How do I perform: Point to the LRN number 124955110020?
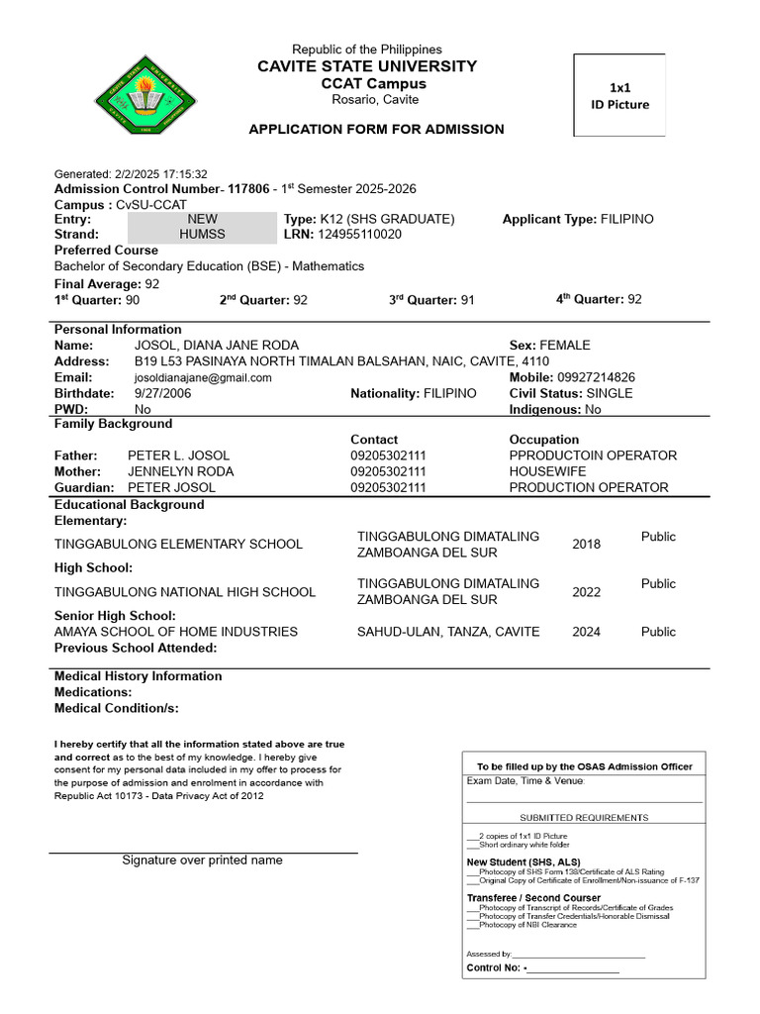(x=359, y=235)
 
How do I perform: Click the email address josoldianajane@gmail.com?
(x=203, y=377)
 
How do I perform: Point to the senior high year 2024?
(x=586, y=632)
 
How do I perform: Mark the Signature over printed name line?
(x=203, y=853)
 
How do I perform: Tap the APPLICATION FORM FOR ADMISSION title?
(x=376, y=130)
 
